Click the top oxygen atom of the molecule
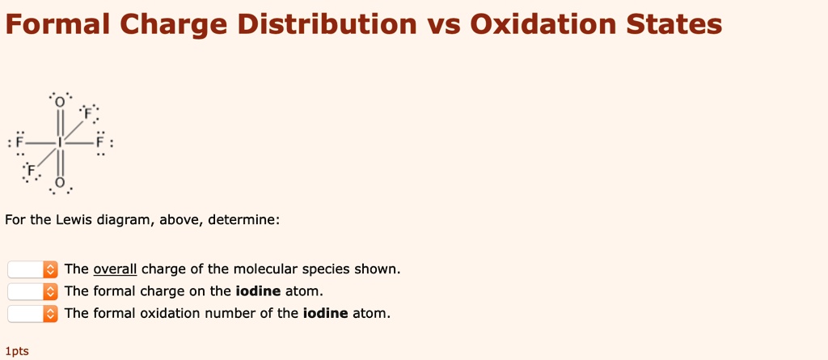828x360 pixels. coord(60,103)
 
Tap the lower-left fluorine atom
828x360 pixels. coord(32,172)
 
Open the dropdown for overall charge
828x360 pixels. coord(33,269)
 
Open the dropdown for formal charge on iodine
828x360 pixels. coord(33,291)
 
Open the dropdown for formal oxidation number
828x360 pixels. coord(33,313)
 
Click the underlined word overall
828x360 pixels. coord(115,269)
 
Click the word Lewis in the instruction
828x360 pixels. coord(72,220)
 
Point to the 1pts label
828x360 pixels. coord(16,351)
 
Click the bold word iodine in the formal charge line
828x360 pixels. coord(257,291)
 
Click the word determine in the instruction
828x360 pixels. coord(243,220)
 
